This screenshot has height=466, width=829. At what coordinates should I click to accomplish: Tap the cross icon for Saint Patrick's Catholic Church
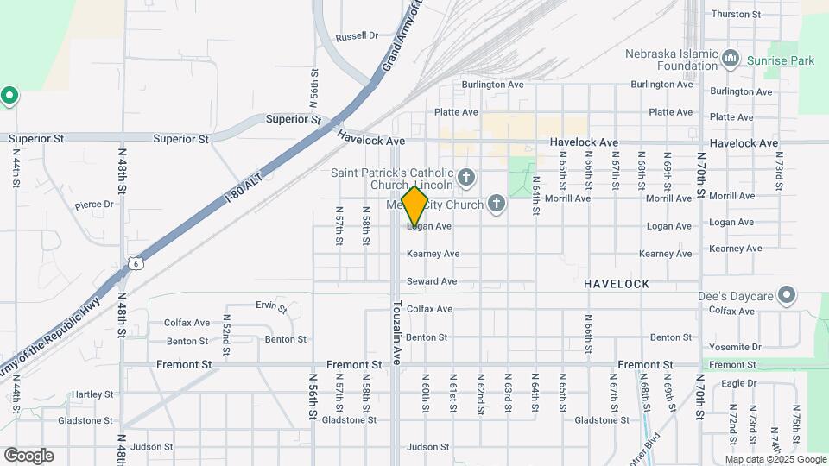pos(466,179)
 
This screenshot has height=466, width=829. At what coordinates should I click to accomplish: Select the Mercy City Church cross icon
pos(496,204)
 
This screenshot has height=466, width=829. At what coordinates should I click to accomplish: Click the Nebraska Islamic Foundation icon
pos(731,59)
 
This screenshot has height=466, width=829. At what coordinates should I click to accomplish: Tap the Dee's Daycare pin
pos(786,296)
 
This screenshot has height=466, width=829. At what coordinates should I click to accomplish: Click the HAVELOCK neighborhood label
pos(616,284)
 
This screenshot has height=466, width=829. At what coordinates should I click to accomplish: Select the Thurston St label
pos(734,15)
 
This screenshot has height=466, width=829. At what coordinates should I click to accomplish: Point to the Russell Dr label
pos(357,36)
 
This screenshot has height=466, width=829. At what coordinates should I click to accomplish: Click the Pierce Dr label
pos(94,205)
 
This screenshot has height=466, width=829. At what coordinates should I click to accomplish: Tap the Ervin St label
pos(270,305)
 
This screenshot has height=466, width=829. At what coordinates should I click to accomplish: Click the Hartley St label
pos(87,394)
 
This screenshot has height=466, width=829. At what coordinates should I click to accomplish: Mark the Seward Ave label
pos(431,281)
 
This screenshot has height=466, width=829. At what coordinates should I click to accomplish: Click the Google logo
pos(28,456)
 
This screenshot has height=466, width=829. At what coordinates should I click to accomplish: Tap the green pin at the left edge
pos(9,94)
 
